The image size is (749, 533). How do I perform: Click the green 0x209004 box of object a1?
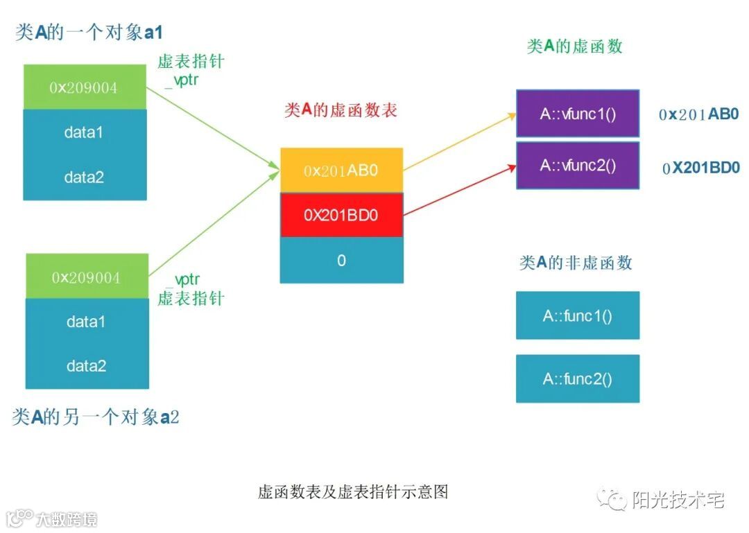[85, 87]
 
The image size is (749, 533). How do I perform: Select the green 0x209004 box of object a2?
[87, 277]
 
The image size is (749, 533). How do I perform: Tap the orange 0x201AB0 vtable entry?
[341, 170]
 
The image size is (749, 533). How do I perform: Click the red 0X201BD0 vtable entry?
[341, 215]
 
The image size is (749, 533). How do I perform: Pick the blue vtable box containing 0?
[341, 261]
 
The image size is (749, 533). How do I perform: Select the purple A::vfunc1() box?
[578, 113]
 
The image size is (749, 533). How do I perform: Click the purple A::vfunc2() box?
[578, 166]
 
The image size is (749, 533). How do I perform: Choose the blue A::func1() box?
[578, 315]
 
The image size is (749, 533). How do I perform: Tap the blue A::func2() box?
[578, 378]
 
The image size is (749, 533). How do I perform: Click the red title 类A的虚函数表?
[341, 110]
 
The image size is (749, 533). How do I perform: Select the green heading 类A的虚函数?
[575, 46]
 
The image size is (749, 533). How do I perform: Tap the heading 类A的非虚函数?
[576, 263]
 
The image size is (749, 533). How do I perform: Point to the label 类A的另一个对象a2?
[96, 417]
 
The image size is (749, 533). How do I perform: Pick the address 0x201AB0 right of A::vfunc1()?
[699, 114]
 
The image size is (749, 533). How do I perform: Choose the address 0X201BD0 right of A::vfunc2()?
[701, 167]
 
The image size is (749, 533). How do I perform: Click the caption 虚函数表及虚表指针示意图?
[353, 492]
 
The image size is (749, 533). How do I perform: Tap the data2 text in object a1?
[84, 177]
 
